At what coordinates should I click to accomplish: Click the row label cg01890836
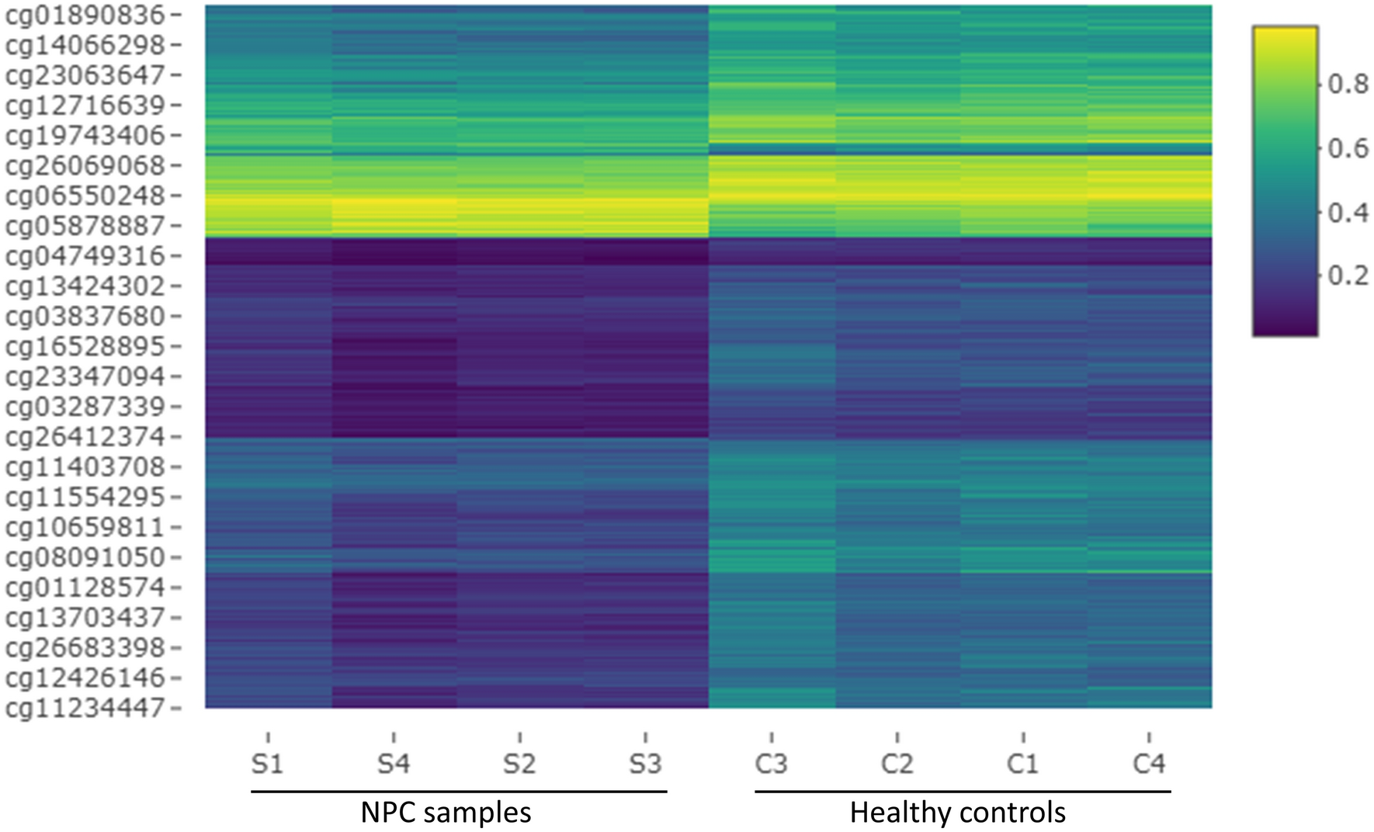coord(85,16)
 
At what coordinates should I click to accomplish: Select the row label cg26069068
coord(85,166)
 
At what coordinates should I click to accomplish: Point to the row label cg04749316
coord(85,256)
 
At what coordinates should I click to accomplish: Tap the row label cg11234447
coord(85,709)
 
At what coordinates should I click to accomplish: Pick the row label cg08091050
coord(85,558)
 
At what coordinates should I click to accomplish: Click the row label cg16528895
coord(85,347)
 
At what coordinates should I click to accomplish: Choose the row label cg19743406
coord(85,136)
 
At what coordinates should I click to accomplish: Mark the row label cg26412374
coord(85,438)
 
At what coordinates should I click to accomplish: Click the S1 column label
coord(267,764)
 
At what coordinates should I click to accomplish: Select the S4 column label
coord(393,764)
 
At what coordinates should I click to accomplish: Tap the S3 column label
coord(645,764)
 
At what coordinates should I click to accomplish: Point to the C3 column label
coord(771,764)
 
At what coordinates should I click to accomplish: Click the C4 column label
coord(1149,764)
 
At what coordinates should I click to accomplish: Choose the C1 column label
coord(1022,764)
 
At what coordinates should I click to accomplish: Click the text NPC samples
coord(446,813)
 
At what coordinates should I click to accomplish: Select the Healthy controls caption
coord(957,813)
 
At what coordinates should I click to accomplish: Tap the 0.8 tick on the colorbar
coord(1348,84)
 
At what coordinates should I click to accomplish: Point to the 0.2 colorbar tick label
coord(1348,276)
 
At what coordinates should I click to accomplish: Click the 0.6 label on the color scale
coord(1348,148)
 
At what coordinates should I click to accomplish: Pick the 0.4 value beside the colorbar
coord(1348,212)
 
